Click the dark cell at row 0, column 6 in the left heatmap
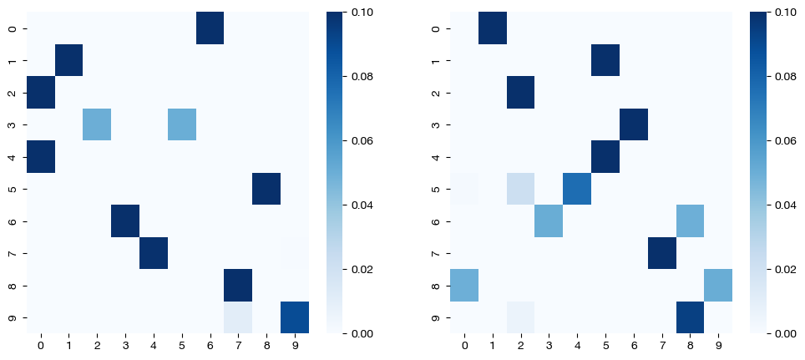[x=210, y=28]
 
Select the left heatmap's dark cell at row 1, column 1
[x=69, y=60]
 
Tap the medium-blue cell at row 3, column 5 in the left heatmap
[x=182, y=124]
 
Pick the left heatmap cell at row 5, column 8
[x=266, y=189]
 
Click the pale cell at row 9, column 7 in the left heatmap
[x=239, y=317]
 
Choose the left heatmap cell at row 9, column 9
[x=295, y=317]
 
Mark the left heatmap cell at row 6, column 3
[x=125, y=221]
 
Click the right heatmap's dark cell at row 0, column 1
[x=494, y=28]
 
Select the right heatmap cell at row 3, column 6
[x=634, y=124]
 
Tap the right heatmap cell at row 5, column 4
[x=578, y=189]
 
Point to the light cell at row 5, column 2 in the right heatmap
[x=521, y=189]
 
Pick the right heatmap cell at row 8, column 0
[x=465, y=286]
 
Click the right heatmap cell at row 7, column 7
[x=662, y=253]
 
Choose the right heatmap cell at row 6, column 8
[x=691, y=221]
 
